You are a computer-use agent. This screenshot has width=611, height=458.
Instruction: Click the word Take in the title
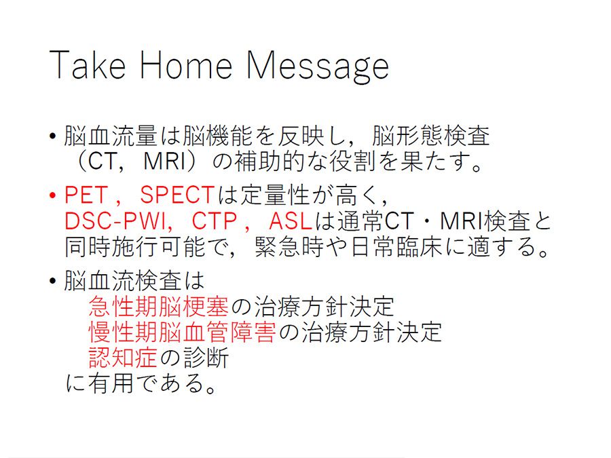coord(88,65)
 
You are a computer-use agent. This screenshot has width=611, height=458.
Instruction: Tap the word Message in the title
coord(318,67)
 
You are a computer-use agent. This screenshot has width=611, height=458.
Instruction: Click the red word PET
coord(86,195)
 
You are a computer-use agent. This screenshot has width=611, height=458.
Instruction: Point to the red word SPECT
coord(177,195)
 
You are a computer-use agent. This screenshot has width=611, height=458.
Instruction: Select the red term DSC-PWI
coord(115,221)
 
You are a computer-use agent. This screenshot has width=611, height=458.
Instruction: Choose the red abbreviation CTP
coord(215,221)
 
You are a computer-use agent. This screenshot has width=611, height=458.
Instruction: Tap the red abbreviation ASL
coord(291,221)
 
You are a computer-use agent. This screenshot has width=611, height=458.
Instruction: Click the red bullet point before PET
coord(53,195)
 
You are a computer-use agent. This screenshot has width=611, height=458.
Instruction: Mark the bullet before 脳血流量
coord(53,136)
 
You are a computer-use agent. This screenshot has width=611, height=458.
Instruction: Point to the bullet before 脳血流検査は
coord(53,281)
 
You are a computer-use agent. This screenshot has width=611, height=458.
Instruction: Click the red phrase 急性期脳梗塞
coord(159,307)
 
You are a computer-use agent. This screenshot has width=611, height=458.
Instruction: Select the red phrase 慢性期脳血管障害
coord(183,332)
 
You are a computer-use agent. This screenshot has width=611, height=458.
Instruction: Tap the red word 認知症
coord(123,358)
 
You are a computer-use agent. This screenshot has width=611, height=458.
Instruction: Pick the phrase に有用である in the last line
coord(135,383)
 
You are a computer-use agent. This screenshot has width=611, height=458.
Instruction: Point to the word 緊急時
coord(289,247)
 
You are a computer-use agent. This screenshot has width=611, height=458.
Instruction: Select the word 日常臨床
coord(396,247)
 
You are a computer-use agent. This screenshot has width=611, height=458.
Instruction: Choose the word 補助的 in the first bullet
coord(270,161)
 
